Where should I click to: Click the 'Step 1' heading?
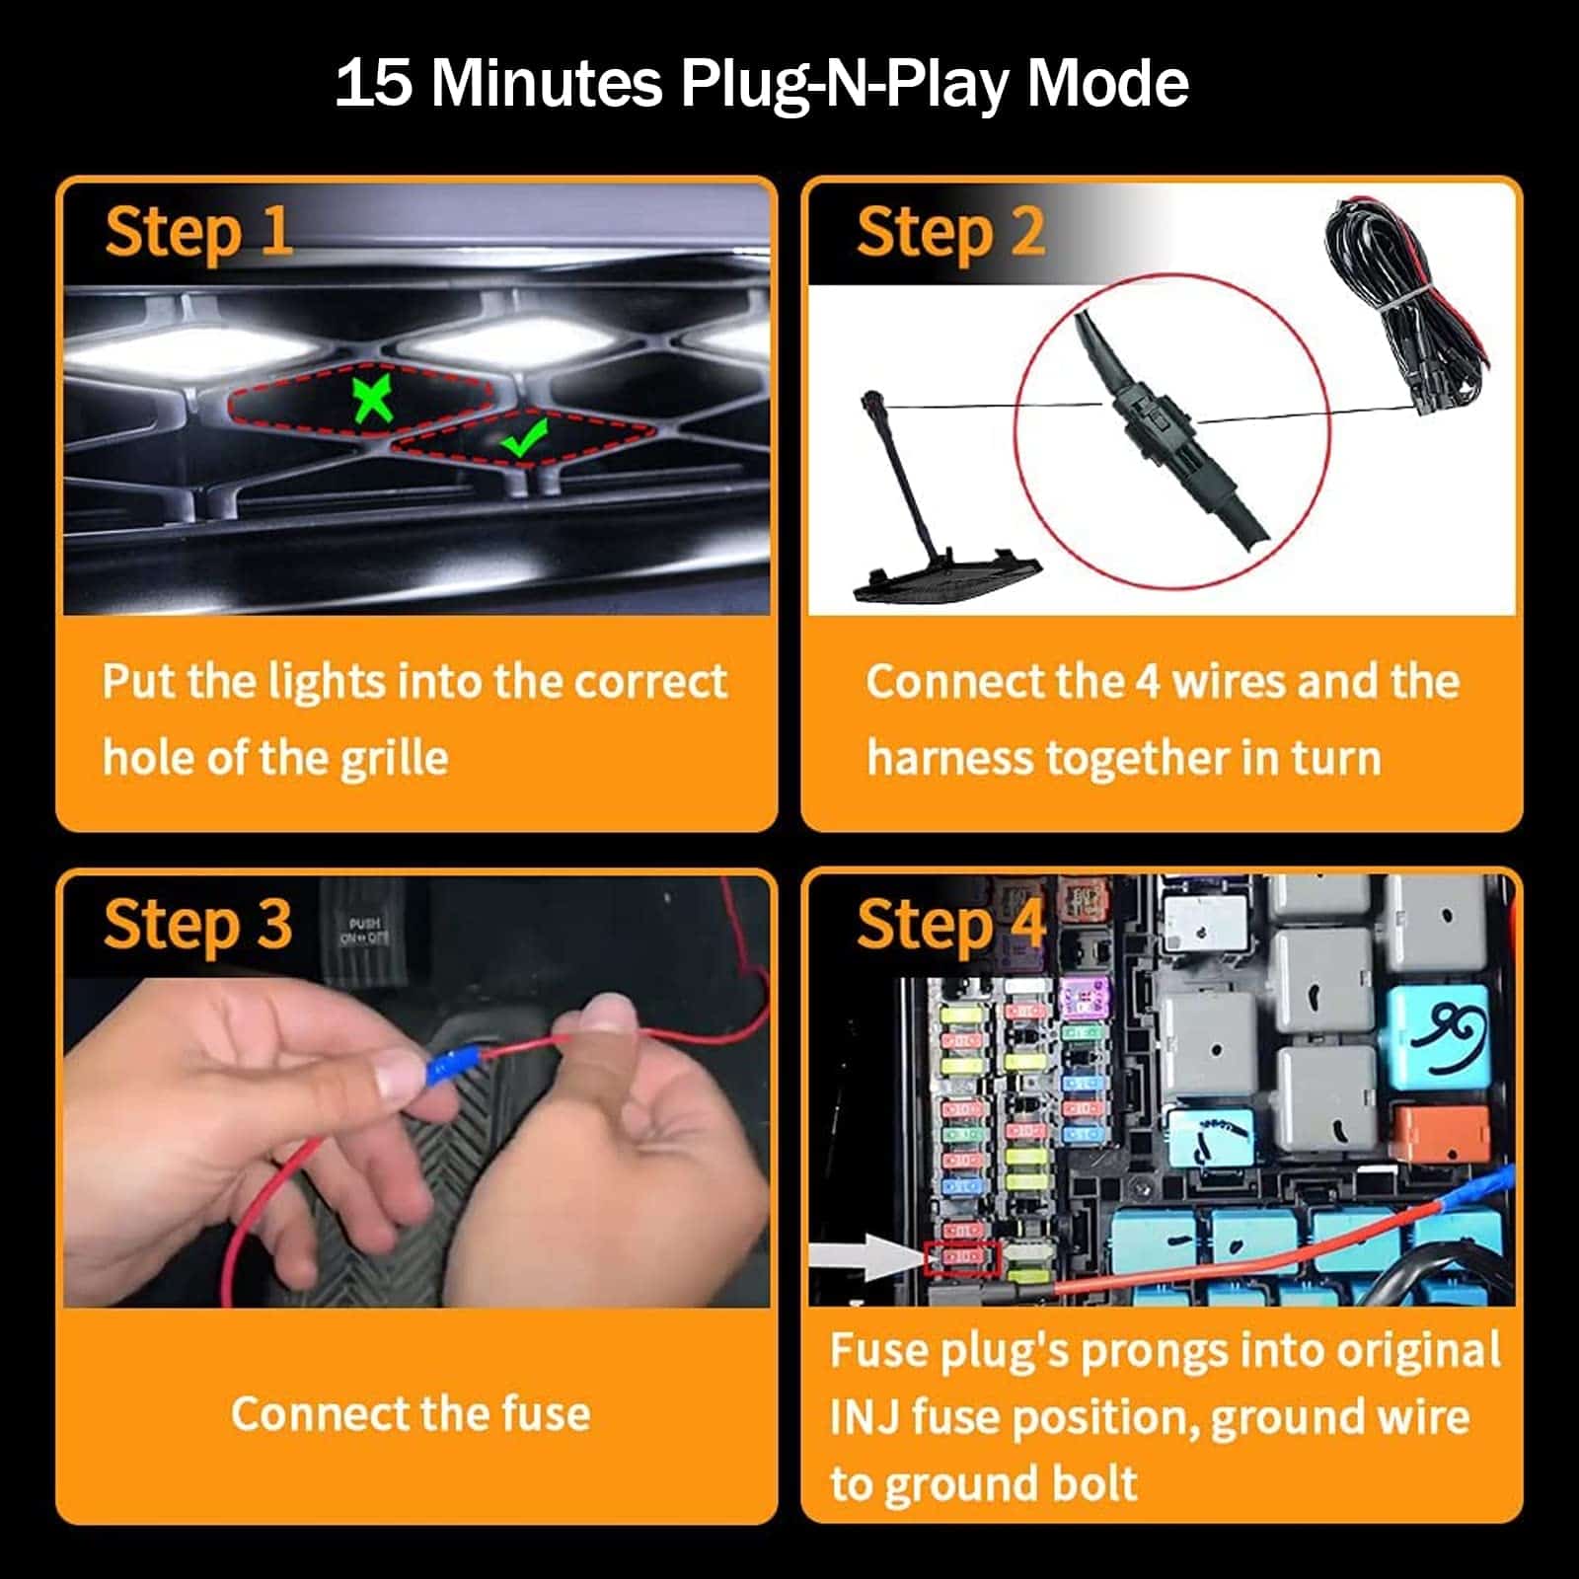[x=198, y=233]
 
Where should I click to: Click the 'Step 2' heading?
[x=950, y=233]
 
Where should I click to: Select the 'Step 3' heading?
[x=198, y=925]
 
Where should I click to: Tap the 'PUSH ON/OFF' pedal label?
[x=364, y=931]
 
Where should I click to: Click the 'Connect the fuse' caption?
[x=411, y=1413]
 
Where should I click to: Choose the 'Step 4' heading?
[x=950, y=925]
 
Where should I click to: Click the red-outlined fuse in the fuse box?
[x=962, y=1257]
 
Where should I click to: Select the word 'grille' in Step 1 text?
[x=394, y=759]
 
